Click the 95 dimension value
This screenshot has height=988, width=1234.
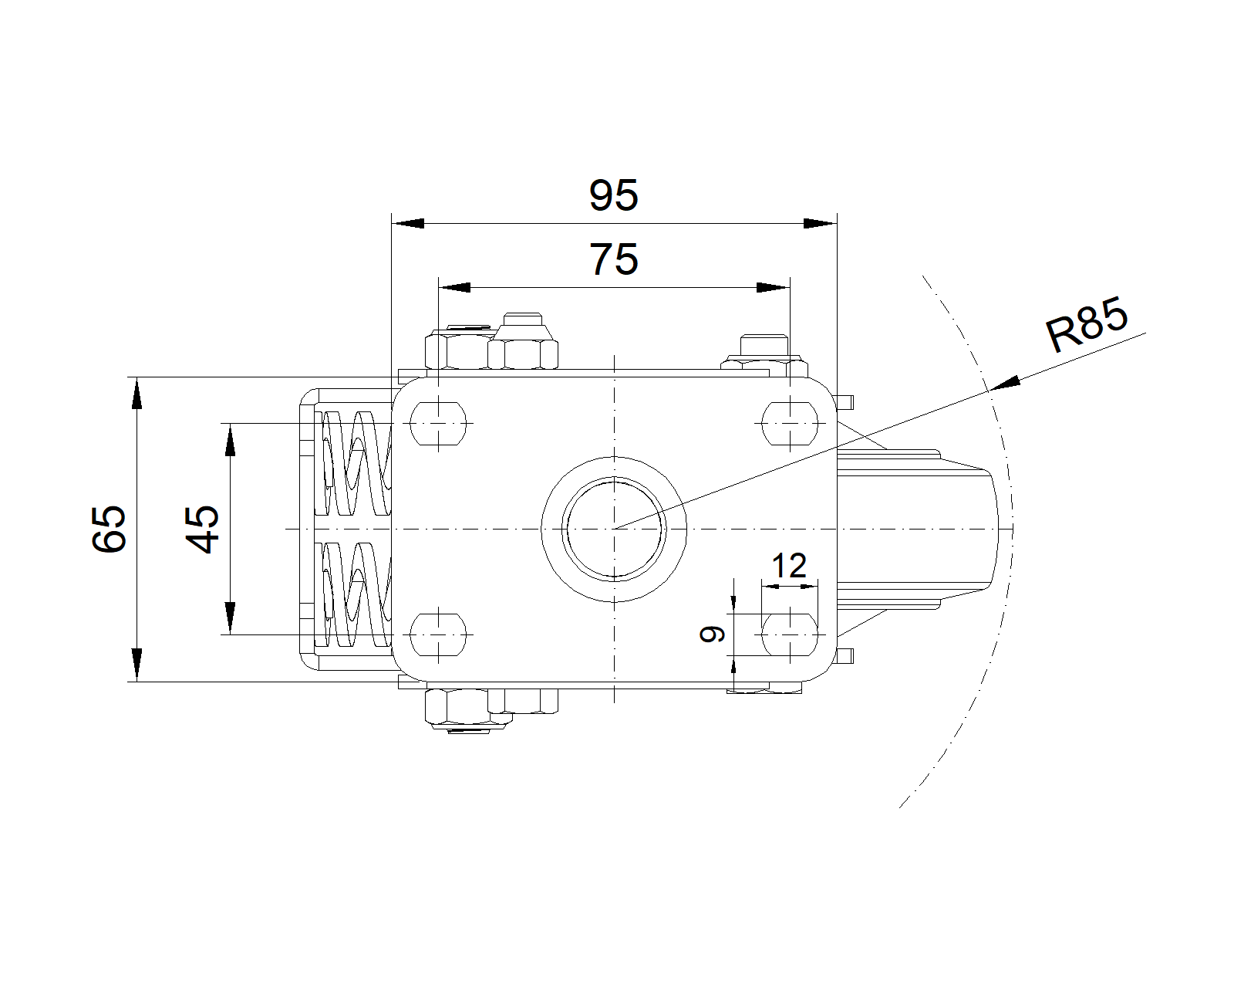[x=614, y=195]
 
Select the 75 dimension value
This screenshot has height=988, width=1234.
[x=614, y=259]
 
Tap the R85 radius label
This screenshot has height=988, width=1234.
[x=1087, y=325]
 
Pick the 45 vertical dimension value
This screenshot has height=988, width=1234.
[x=204, y=529]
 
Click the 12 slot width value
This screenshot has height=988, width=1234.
[x=789, y=567]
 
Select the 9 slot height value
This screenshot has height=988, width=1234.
[x=713, y=634]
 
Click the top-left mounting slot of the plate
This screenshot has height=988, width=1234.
[x=439, y=423]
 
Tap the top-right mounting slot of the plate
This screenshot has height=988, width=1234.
[x=790, y=423]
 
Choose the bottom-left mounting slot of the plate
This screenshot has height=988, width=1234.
[x=439, y=634]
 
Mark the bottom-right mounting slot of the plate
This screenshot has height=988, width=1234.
[x=790, y=634]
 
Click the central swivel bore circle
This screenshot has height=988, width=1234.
[x=614, y=529]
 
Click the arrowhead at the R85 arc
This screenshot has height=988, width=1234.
[x=1006, y=383]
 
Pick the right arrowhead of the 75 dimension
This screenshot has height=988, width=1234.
[x=773, y=287]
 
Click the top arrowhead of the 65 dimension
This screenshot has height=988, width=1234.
[x=137, y=392]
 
